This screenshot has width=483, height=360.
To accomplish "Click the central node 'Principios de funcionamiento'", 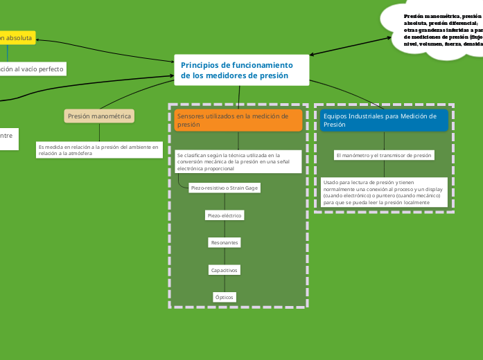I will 241,70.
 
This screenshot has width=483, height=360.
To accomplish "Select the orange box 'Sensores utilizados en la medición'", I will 238,120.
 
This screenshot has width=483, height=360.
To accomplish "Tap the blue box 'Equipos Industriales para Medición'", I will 384,120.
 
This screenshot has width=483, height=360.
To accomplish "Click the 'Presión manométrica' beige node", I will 99,116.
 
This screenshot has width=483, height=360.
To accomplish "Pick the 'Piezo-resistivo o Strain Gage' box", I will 224,188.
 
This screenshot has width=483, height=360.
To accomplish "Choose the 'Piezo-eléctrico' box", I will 225,215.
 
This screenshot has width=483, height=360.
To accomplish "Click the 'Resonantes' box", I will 225,242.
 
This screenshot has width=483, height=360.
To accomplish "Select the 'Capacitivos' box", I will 225,270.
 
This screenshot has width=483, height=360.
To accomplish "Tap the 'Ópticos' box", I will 225,297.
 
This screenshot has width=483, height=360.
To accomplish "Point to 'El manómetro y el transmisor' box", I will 384,155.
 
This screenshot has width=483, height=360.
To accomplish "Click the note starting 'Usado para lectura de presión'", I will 384,192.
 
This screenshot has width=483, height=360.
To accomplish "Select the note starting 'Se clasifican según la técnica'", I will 238,161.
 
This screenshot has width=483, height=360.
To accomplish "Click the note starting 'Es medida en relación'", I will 99,150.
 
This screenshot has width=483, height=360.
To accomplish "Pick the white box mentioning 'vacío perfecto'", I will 32,69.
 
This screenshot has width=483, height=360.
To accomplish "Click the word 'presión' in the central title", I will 270,75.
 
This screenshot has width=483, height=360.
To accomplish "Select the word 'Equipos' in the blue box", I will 335,116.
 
